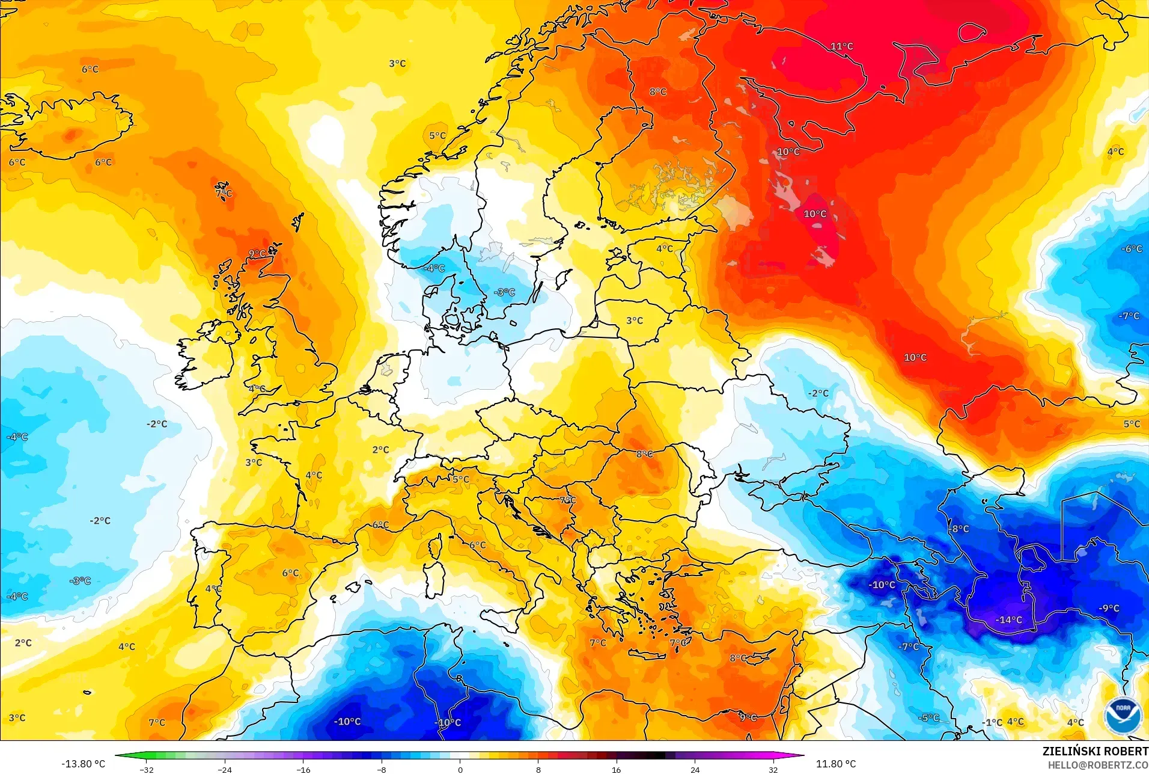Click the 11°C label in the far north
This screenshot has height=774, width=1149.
pos(841,46)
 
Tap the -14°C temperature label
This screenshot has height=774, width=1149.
pos(1008,619)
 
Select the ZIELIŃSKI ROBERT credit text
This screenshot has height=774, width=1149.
pos(1095,751)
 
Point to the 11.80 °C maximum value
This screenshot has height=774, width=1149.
pos(835,764)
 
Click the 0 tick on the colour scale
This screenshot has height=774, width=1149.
pos(460,770)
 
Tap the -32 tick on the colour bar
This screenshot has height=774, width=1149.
pos(147,770)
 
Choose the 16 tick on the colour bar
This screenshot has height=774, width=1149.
pos(617,770)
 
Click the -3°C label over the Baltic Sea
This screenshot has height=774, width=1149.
pos(504,292)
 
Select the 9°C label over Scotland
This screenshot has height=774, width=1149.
pos(257,254)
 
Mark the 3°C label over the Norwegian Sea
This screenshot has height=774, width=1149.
pos(397,63)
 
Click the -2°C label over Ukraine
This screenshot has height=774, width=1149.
pos(818,393)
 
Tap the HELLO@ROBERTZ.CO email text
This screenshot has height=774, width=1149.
pos(1098,765)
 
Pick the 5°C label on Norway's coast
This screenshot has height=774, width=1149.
pos(437,136)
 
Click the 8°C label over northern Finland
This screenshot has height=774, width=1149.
pos(658,91)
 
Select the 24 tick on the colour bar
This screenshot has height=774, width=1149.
pos(695,770)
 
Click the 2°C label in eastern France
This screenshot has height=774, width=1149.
pos(380,450)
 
